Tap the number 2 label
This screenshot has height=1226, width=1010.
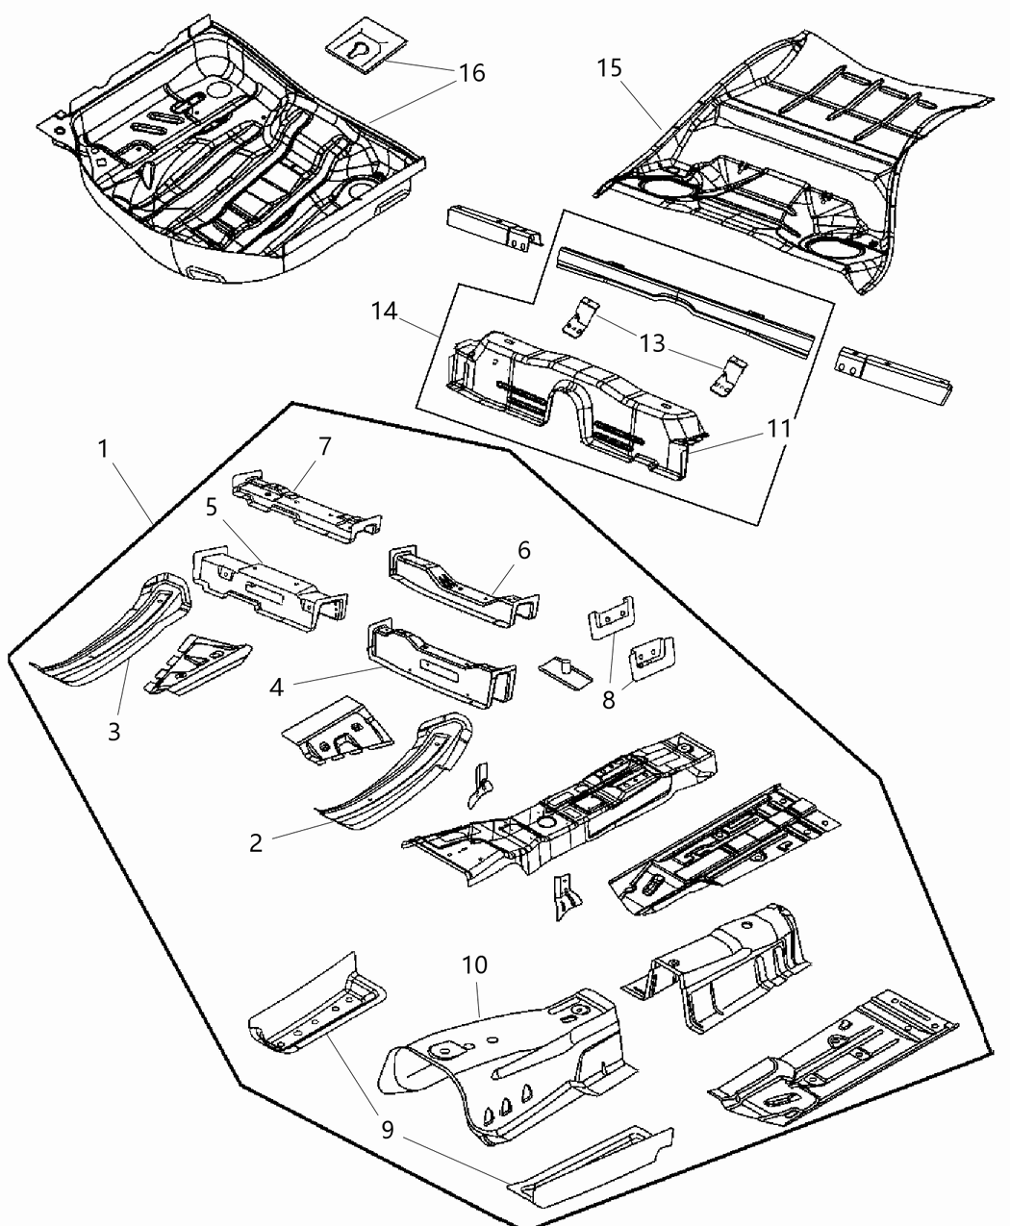[255, 842]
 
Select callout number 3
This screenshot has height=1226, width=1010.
[114, 731]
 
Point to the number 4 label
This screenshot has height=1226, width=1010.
[277, 688]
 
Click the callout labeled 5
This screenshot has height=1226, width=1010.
[212, 506]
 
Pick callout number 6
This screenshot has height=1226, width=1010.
[523, 550]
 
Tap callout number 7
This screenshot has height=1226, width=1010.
[324, 446]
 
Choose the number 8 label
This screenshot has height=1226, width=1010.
[608, 699]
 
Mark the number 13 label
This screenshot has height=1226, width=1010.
[652, 343]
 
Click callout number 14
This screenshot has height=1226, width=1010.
[385, 311]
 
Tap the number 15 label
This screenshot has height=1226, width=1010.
[609, 68]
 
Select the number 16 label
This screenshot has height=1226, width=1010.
[471, 73]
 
